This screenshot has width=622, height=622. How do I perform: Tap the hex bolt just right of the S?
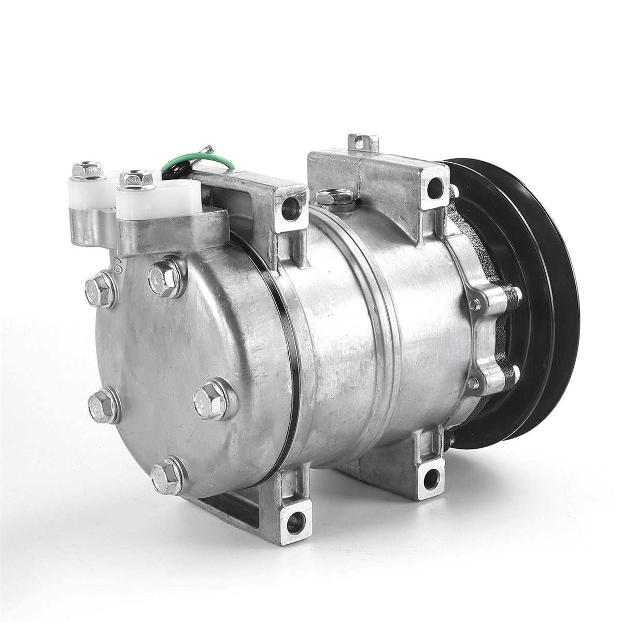tap(165, 278)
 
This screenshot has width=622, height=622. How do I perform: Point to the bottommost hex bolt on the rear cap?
tap(167, 475)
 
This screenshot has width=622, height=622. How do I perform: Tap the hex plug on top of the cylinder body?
tap(329, 197)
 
